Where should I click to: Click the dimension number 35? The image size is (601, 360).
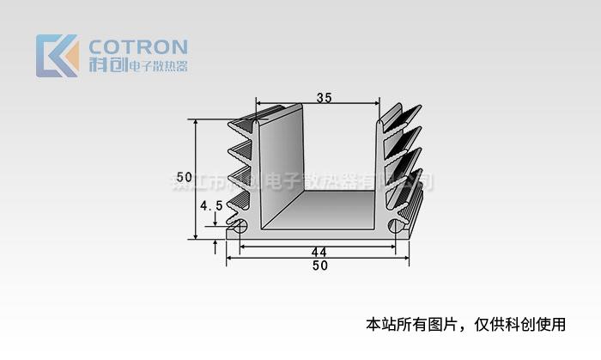pos(324,98)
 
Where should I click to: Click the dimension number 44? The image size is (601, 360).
pos(319,252)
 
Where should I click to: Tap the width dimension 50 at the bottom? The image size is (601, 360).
pos(319,265)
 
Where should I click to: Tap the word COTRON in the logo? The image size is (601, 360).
pos(138,46)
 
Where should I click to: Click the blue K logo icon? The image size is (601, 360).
pos(57,56)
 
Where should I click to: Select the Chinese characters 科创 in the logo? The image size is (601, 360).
pos(106,65)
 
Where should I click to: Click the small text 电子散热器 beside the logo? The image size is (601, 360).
pos(157,66)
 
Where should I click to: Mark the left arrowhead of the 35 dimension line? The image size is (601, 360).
pos(259,104)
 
